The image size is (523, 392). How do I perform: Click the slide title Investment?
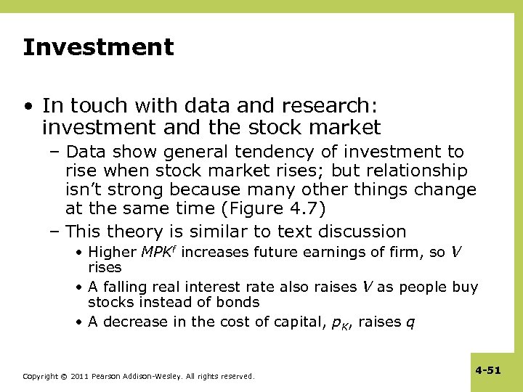(x=98, y=47)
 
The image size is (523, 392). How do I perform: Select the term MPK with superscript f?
(x=158, y=252)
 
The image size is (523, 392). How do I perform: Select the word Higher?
(x=112, y=253)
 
